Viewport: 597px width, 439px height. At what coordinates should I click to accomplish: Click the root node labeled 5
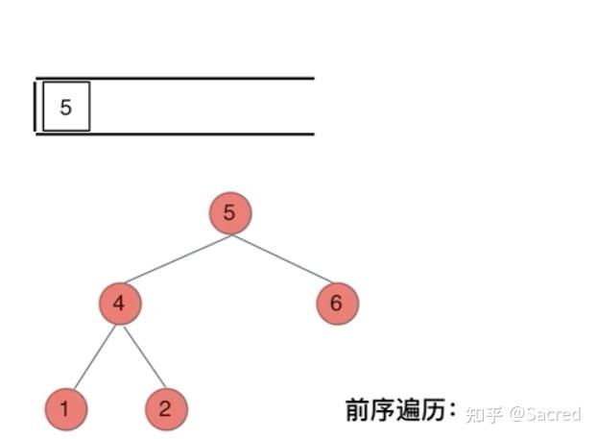click(x=229, y=213)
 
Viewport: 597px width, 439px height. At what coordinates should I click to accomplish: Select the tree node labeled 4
click(x=119, y=305)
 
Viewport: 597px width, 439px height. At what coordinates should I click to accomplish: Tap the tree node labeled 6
click(x=336, y=305)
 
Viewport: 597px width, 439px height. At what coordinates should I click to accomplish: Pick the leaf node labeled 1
click(x=64, y=410)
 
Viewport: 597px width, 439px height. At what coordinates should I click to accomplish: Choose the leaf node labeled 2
click(x=166, y=410)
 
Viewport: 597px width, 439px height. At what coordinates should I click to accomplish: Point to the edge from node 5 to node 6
click(x=283, y=259)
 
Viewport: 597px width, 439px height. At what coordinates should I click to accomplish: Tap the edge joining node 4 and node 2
click(x=142, y=356)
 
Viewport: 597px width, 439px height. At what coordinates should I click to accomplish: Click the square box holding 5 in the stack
click(x=65, y=107)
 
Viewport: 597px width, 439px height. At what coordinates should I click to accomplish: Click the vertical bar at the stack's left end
click(x=36, y=106)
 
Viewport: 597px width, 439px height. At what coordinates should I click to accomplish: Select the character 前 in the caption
click(x=358, y=410)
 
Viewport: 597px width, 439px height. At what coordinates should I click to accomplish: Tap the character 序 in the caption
click(x=383, y=410)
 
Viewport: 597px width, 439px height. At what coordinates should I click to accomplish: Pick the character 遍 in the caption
click(x=409, y=410)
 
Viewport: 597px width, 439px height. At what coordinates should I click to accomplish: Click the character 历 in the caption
click(x=434, y=410)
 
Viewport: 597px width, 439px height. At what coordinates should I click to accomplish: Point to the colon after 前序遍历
click(x=453, y=411)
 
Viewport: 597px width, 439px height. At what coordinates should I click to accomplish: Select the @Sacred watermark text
click(x=545, y=414)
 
